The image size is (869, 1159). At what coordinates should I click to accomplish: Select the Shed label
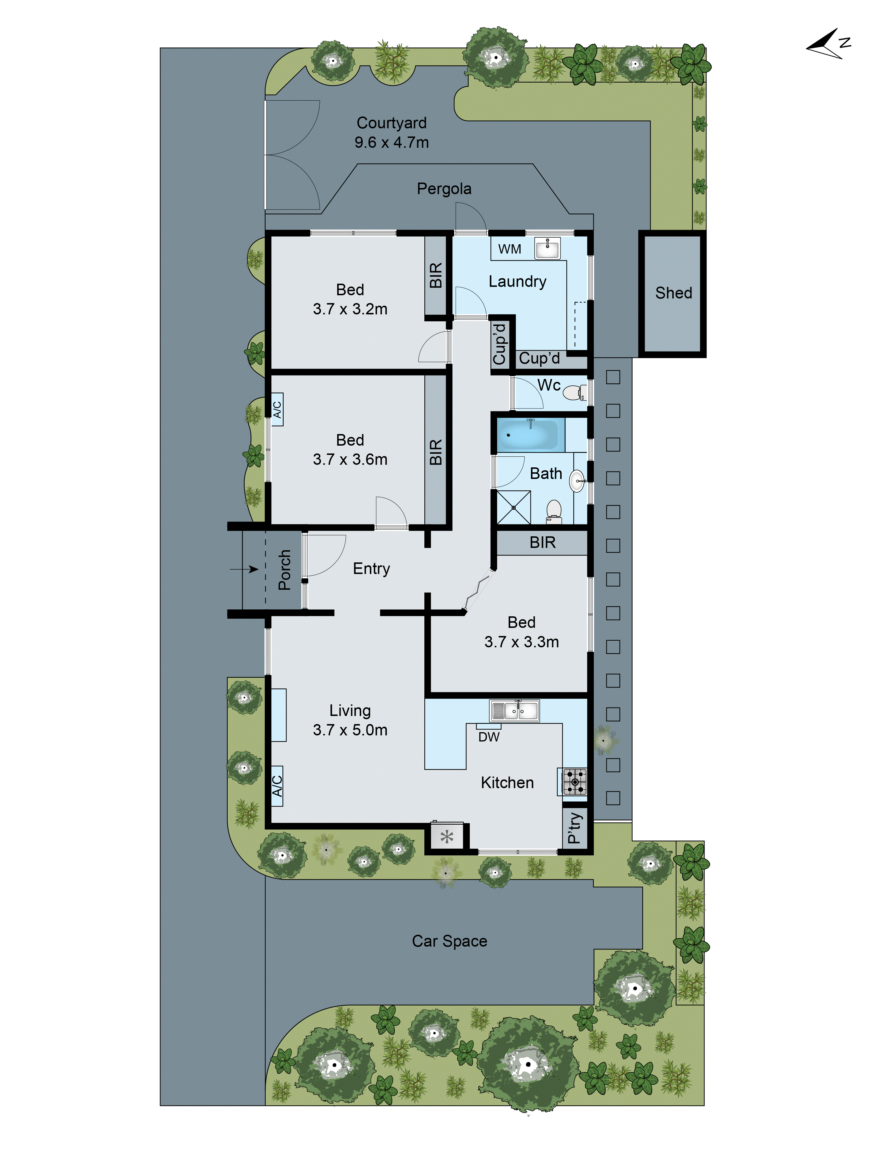(x=673, y=293)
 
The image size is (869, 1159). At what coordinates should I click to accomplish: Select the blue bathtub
(x=528, y=435)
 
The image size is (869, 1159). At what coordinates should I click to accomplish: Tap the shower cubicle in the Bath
(x=513, y=507)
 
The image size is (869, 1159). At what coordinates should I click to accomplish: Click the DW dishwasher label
(x=489, y=737)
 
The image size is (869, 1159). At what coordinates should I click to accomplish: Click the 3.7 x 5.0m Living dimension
(x=350, y=730)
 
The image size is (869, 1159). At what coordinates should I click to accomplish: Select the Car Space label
(x=450, y=941)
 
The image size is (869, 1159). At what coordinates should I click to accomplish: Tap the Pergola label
(x=444, y=189)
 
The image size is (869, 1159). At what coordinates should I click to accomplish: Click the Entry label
(x=371, y=568)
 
